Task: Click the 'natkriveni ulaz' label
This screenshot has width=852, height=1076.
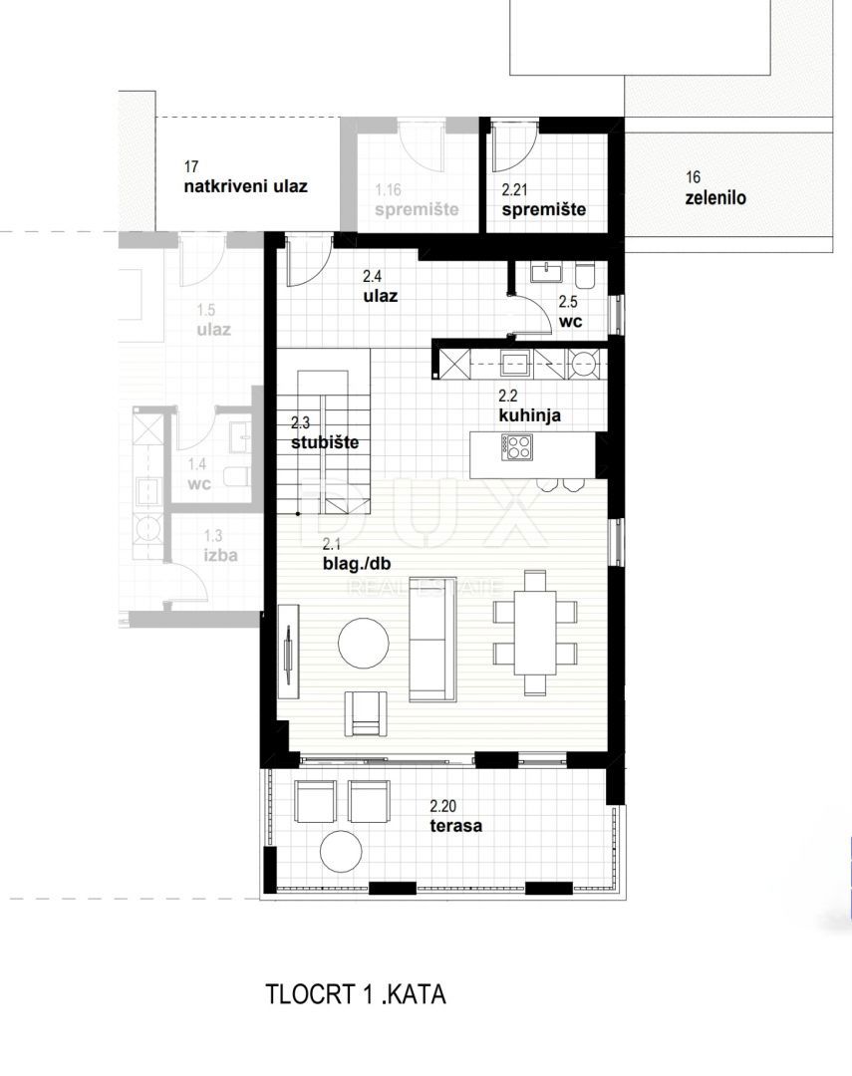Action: click(245, 186)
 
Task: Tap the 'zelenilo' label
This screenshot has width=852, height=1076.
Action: click(715, 198)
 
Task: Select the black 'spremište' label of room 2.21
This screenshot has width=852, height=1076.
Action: click(543, 210)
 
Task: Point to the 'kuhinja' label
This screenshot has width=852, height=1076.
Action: click(529, 415)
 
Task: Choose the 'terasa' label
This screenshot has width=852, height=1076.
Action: click(456, 825)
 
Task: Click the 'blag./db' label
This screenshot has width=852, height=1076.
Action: click(357, 564)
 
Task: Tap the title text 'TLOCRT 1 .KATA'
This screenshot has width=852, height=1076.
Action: click(356, 994)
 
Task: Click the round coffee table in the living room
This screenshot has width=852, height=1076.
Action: click(365, 643)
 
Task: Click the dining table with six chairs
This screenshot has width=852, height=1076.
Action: click(535, 632)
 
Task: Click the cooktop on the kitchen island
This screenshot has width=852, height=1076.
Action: click(519, 450)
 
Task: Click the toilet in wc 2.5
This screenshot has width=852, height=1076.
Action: click(585, 272)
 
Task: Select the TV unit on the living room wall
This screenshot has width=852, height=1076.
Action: click(288, 652)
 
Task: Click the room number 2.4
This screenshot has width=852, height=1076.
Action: click(373, 277)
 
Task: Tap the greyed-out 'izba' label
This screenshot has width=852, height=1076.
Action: click(220, 555)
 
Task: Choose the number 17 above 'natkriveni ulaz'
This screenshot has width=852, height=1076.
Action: click(191, 167)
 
